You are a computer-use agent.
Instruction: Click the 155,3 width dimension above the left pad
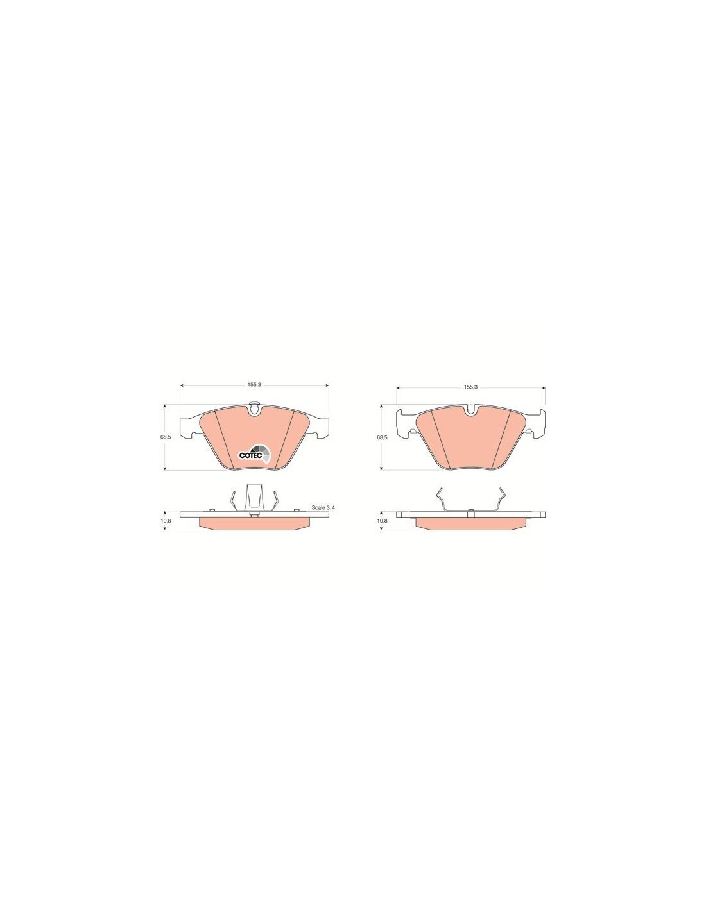pyautogui.click(x=255, y=385)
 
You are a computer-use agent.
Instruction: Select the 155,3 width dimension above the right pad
pyautogui.click(x=471, y=387)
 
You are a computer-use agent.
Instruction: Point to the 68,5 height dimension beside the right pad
pyautogui.click(x=382, y=437)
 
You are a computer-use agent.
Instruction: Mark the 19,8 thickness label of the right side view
pyautogui.click(x=382, y=520)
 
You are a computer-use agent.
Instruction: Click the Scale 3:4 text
pyautogui.click(x=323, y=507)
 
